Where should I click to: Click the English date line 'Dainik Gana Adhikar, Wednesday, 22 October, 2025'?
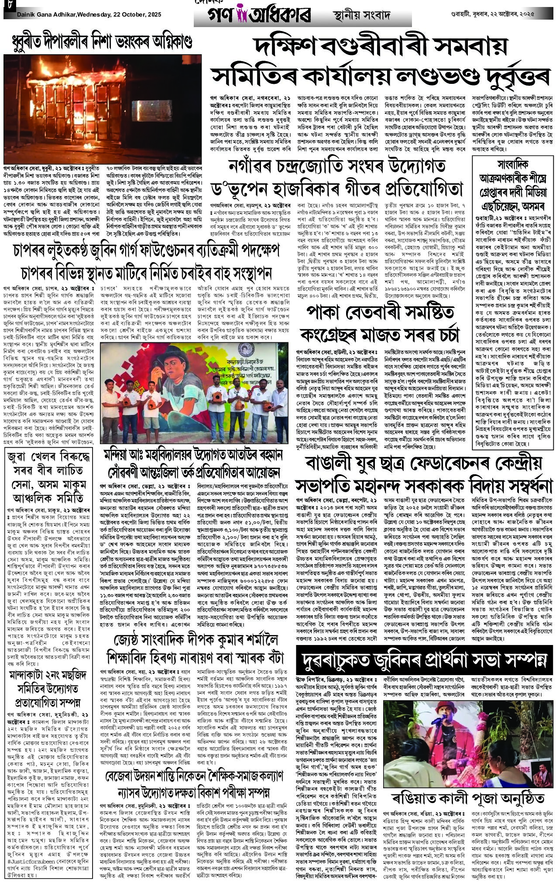pyautogui.click(x=89, y=15)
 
